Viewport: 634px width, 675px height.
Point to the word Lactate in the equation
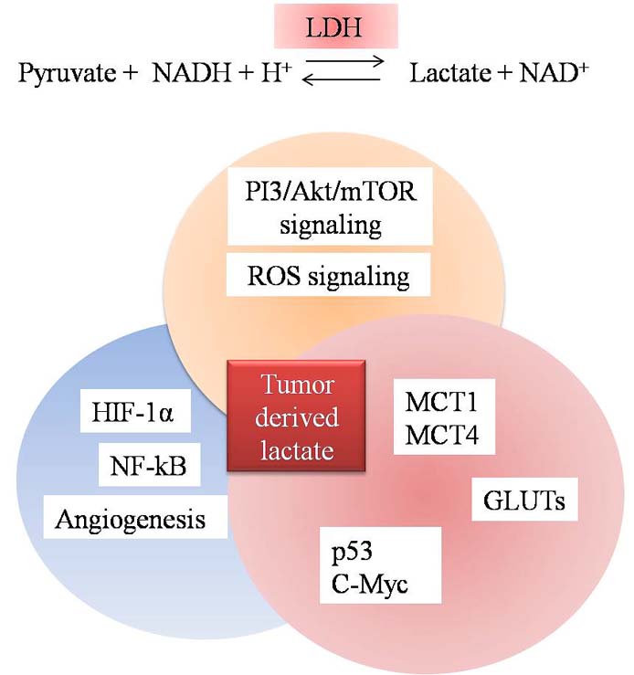pyautogui.click(x=444, y=73)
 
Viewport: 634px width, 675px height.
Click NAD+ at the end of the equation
pyautogui.click(x=541, y=73)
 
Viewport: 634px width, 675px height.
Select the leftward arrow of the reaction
pyautogui.click(x=343, y=80)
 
